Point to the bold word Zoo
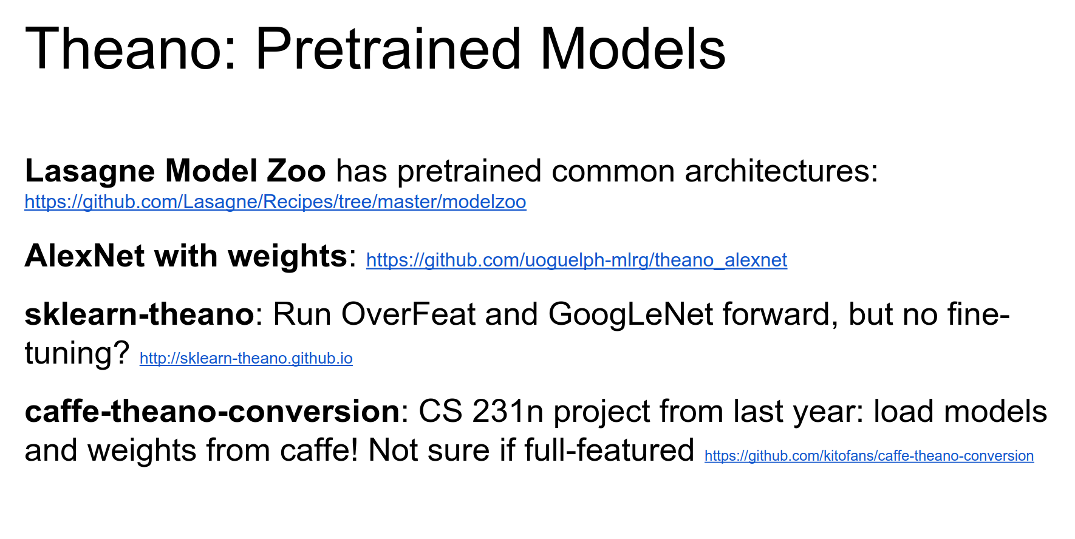point(296,171)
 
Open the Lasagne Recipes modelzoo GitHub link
point(275,202)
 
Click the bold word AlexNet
point(85,256)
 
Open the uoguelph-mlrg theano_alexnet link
point(576,260)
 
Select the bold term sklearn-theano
point(139,314)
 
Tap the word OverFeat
point(408,314)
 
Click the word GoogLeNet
point(630,315)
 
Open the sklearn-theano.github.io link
point(246,358)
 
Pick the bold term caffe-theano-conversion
point(212,411)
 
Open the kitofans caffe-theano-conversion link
point(869,456)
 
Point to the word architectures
point(782,171)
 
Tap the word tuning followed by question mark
point(77,354)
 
